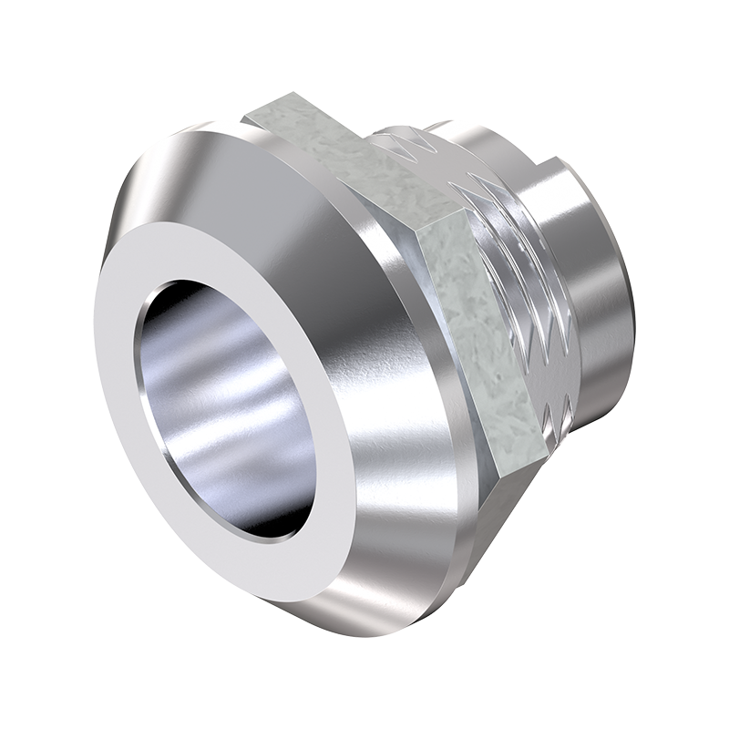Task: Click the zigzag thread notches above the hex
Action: (410, 141)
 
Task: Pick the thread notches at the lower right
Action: (556, 401)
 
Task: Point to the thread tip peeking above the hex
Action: (437, 123)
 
